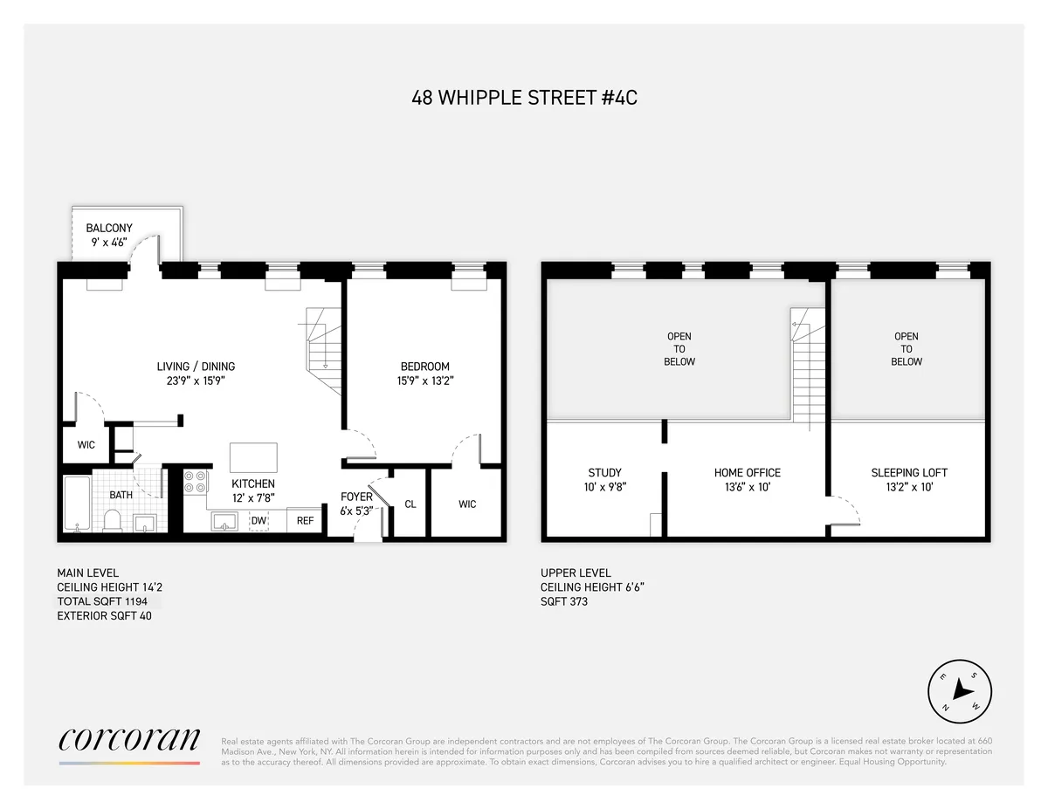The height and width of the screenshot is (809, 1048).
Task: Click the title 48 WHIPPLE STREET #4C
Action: [x=524, y=98]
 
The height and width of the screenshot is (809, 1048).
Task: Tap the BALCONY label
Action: [x=109, y=229]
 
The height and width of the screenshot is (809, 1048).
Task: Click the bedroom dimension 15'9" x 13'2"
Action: [x=424, y=381]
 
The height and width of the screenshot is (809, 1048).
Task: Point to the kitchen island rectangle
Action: [x=253, y=457]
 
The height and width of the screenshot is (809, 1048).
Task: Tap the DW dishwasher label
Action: [x=259, y=521]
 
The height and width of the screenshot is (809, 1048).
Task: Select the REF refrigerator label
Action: [x=305, y=521]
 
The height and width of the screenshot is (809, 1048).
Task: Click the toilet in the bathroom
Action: [x=112, y=521]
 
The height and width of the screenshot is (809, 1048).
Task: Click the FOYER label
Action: [x=356, y=497]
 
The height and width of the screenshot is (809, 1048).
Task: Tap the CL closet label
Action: [x=410, y=504]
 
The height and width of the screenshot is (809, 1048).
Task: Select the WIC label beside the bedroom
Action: [x=467, y=504]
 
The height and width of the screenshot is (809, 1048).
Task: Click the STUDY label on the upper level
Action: [x=604, y=473]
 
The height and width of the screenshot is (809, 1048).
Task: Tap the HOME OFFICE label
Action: [x=747, y=473]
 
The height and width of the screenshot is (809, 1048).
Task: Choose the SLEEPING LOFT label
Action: [x=909, y=473]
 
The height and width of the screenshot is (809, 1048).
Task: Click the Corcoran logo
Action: [x=129, y=741]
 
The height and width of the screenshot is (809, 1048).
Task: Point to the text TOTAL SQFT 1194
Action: [x=108, y=602]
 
